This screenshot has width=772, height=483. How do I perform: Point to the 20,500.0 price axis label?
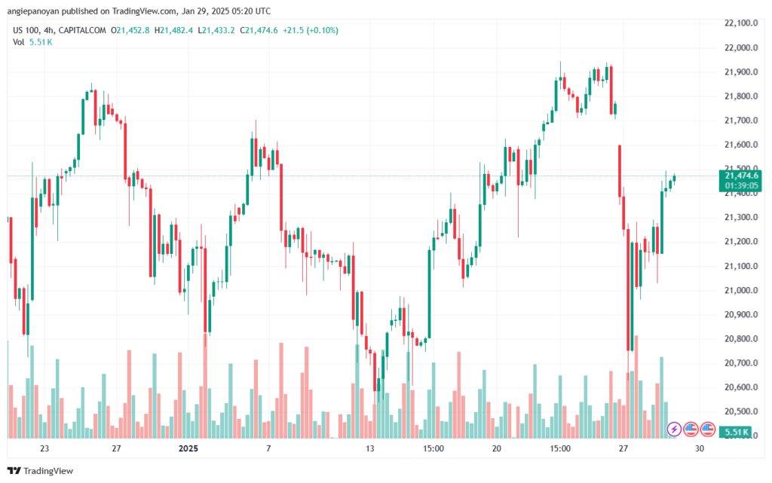[x=740, y=411]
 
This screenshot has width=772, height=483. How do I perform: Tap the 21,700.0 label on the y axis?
[x=740, y=121]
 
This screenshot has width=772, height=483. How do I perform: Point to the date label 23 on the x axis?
[x=44, y=448]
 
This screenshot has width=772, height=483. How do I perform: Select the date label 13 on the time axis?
[x=369, y=448]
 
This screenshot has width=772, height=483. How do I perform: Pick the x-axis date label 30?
[x=700, y=448]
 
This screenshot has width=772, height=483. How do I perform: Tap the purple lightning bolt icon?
[x=675, y=429]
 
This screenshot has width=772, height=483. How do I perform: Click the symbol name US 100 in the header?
[x=26, y=30]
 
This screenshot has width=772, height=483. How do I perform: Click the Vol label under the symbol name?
[x=19, y=41]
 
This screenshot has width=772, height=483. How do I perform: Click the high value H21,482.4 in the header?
[x=174, y=30]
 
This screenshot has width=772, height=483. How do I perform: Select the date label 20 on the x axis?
[x=497, y=448]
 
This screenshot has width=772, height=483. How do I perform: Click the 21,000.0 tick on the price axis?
[x=740, y=290]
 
